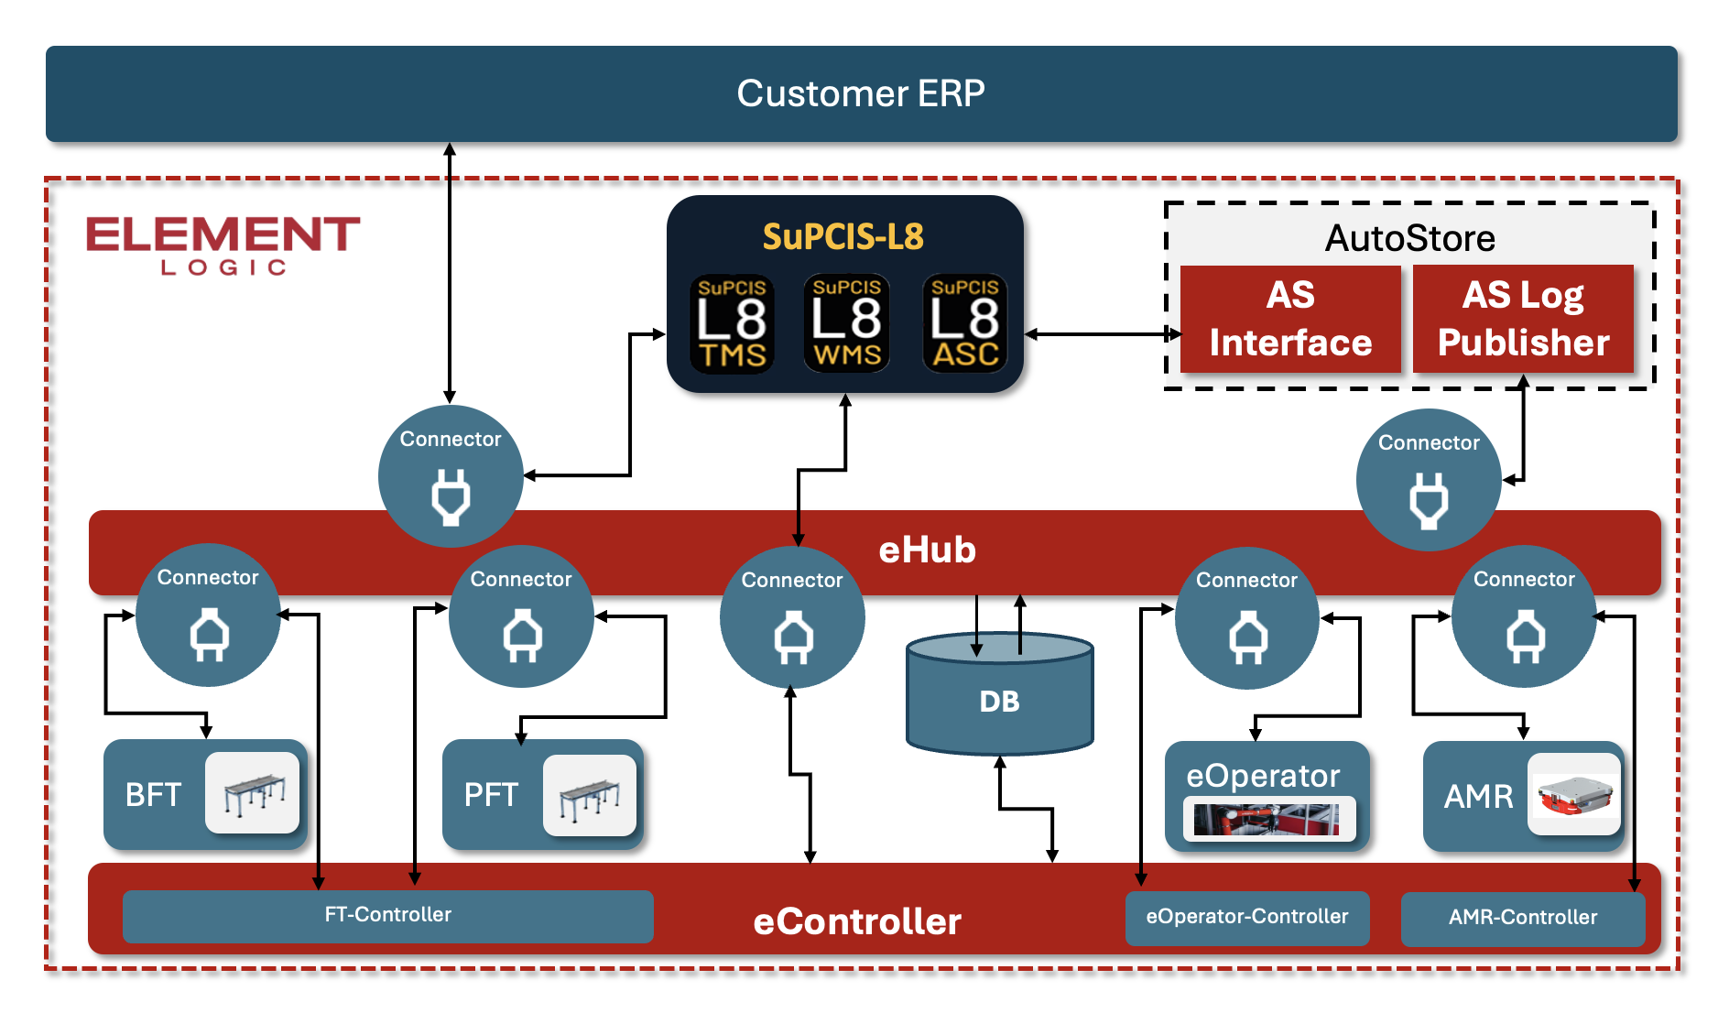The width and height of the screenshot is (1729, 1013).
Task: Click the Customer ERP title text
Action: pos(861,93)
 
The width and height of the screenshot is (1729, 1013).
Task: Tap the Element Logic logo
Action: pos(223,243)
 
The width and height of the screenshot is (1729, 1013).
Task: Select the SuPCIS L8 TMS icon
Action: pos(732,323)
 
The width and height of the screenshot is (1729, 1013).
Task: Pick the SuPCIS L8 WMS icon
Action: pos(846,323)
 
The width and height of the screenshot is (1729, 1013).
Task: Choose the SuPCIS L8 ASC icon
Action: pos(964,323)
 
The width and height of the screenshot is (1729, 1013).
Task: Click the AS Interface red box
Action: pos(1290,319)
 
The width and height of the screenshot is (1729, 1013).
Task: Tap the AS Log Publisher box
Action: pos(1523,319)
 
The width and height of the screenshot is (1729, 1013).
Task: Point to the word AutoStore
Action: pos(1409,238)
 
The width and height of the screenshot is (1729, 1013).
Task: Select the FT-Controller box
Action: pos(387,915)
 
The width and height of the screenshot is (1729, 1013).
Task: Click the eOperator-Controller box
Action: pos(1246,917)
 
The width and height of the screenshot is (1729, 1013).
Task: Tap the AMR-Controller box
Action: pos(1522,918)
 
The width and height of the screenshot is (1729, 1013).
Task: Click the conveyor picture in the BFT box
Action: pos(253,792)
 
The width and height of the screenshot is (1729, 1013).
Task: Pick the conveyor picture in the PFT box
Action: pos(590,794)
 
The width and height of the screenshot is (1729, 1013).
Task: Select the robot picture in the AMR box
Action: pos(1573,793)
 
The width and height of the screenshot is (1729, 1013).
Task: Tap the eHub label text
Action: pos(927,550)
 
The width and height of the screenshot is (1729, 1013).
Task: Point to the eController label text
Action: pos(856,921)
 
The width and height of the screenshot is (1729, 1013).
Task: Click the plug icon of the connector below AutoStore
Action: pos(1429,501)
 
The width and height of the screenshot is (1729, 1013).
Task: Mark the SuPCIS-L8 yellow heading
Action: pos(843,237)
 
